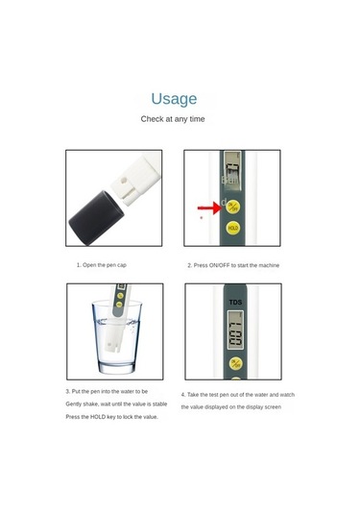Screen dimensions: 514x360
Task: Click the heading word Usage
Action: [174, 98]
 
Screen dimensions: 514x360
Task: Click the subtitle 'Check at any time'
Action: [173, 119]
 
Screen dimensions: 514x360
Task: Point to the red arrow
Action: [207, 207]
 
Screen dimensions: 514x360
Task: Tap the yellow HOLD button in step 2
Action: [232, 229]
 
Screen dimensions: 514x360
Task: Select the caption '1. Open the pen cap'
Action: [102, 264]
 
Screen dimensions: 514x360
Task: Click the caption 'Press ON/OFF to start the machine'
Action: [233, 264]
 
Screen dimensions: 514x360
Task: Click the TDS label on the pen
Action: [235, 304]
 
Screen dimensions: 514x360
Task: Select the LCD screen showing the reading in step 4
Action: [234, 336]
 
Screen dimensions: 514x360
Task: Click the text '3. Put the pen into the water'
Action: [107, 391]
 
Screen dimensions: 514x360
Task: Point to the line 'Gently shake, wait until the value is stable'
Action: [116, 404]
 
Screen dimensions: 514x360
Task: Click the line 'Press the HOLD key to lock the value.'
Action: [111, 417]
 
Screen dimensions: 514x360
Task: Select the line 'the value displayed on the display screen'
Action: [233, 407]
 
